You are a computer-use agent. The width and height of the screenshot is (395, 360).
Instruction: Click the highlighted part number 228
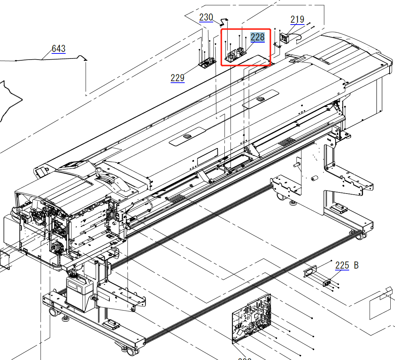pos(258,37)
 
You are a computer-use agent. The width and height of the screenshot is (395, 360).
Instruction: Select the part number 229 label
pos(177,78)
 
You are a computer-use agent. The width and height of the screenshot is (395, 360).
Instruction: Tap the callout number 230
pos(206,17)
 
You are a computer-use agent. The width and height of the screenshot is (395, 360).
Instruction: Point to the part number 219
pos(297,19)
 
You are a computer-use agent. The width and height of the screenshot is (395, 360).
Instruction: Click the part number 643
pos(58,48)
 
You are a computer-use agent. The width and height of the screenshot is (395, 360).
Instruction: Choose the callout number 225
pos(342,265)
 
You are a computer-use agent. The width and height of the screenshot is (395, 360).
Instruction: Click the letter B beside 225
pos(356,265)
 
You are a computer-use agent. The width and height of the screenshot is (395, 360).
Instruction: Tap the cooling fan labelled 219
pos(285,37)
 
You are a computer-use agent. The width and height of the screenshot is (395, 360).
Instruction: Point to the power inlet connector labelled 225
pos(328,282)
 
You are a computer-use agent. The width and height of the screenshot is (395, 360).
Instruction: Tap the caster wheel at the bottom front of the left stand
pos(130,351)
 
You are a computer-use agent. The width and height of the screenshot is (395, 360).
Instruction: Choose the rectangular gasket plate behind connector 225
pos(310,271)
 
